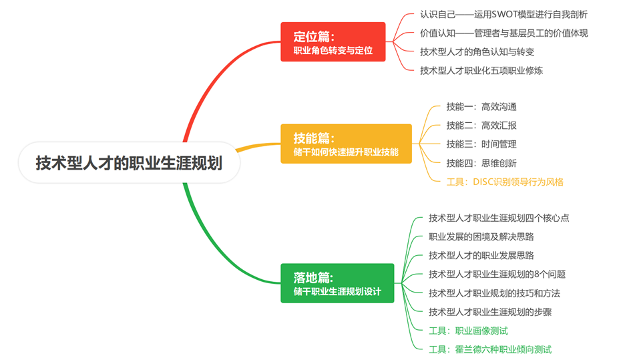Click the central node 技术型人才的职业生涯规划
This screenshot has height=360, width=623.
coord(129,163)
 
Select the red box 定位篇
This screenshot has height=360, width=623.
coord(333,42)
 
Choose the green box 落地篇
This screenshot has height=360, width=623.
coord(337,283)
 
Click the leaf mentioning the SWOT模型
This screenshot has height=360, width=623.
coord(503,14)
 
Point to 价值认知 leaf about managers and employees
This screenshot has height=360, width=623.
coord(503,33)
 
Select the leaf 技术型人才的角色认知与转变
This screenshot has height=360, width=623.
coord(477,51)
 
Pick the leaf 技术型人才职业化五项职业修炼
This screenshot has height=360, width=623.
coord(481,70)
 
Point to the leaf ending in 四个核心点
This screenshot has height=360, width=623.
coord(499,218)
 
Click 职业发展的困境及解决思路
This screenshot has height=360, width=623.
coord(481,236)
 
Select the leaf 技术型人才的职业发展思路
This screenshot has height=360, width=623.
coord(481,255)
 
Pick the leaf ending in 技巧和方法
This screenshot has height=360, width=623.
coord(494,293)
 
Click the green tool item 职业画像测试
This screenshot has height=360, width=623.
coord(468,330)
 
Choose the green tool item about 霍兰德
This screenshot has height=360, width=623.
coord(490,349)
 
